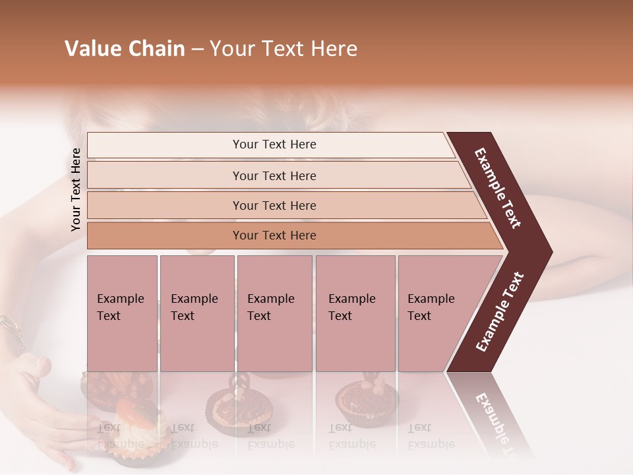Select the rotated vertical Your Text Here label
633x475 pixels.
coord(76,189)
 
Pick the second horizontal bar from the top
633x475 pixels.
coord(274,175)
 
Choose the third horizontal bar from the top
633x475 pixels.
coord(274,205)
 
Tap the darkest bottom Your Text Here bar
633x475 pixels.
coord(274,236)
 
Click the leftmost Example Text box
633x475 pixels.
coord(122,313)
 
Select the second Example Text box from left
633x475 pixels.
coord(196,313)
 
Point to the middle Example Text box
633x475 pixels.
coord(274,313)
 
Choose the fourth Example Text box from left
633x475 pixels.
coord(355,313)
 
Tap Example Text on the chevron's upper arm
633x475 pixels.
coord(498,188)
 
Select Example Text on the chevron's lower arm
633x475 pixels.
coord(500,311)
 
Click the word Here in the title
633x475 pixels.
coord(336,49)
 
